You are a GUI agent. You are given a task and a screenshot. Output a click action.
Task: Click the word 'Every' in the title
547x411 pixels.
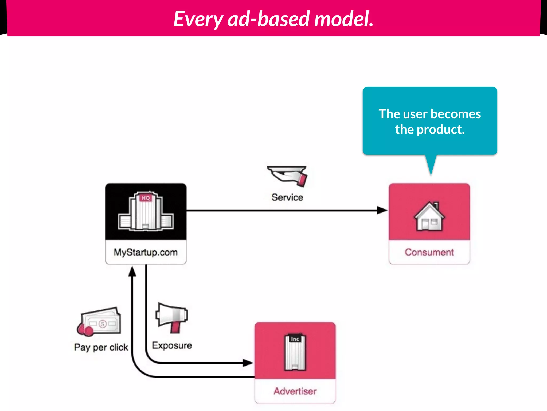click(198, 19)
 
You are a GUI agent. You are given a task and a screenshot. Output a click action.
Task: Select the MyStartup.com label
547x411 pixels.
click(146, 252)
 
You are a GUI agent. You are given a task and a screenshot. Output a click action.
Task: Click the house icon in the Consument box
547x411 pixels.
click(429, 217)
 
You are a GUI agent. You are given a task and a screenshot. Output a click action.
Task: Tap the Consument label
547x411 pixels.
click(429, 252)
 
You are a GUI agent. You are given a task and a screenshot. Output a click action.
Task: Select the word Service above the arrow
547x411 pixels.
click(287, 197)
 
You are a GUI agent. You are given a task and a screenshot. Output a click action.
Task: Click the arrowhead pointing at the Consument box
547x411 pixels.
click(382, 210)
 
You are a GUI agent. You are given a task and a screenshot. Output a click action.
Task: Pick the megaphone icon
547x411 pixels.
click(172, 318)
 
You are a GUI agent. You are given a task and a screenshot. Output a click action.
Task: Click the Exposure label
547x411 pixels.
click(172, 345)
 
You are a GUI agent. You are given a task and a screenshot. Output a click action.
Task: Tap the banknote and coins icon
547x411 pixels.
click(99, 322)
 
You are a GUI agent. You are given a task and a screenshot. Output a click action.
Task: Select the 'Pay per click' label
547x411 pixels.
click(101, 347)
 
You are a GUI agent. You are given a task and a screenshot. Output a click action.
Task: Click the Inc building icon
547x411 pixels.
click(295, 352)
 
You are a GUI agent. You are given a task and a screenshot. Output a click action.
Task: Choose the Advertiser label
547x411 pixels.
click(295, 391)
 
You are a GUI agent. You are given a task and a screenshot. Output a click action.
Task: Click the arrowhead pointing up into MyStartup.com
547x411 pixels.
click(132, 272)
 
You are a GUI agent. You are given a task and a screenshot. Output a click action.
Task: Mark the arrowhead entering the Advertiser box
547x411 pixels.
click(248, 363)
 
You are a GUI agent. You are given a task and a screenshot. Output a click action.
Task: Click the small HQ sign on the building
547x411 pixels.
click(146, 198)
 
